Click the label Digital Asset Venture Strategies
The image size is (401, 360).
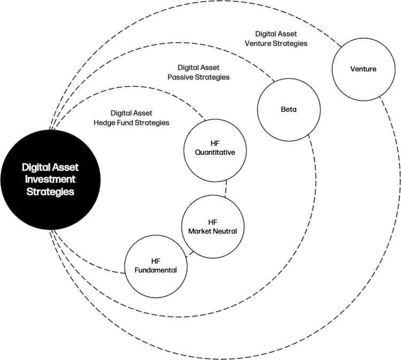281,38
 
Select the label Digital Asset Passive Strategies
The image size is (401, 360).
203,72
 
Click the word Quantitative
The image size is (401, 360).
212,152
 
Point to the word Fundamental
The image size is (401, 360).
156,270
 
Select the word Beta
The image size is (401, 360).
288,110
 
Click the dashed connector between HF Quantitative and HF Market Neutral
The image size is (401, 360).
226,187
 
